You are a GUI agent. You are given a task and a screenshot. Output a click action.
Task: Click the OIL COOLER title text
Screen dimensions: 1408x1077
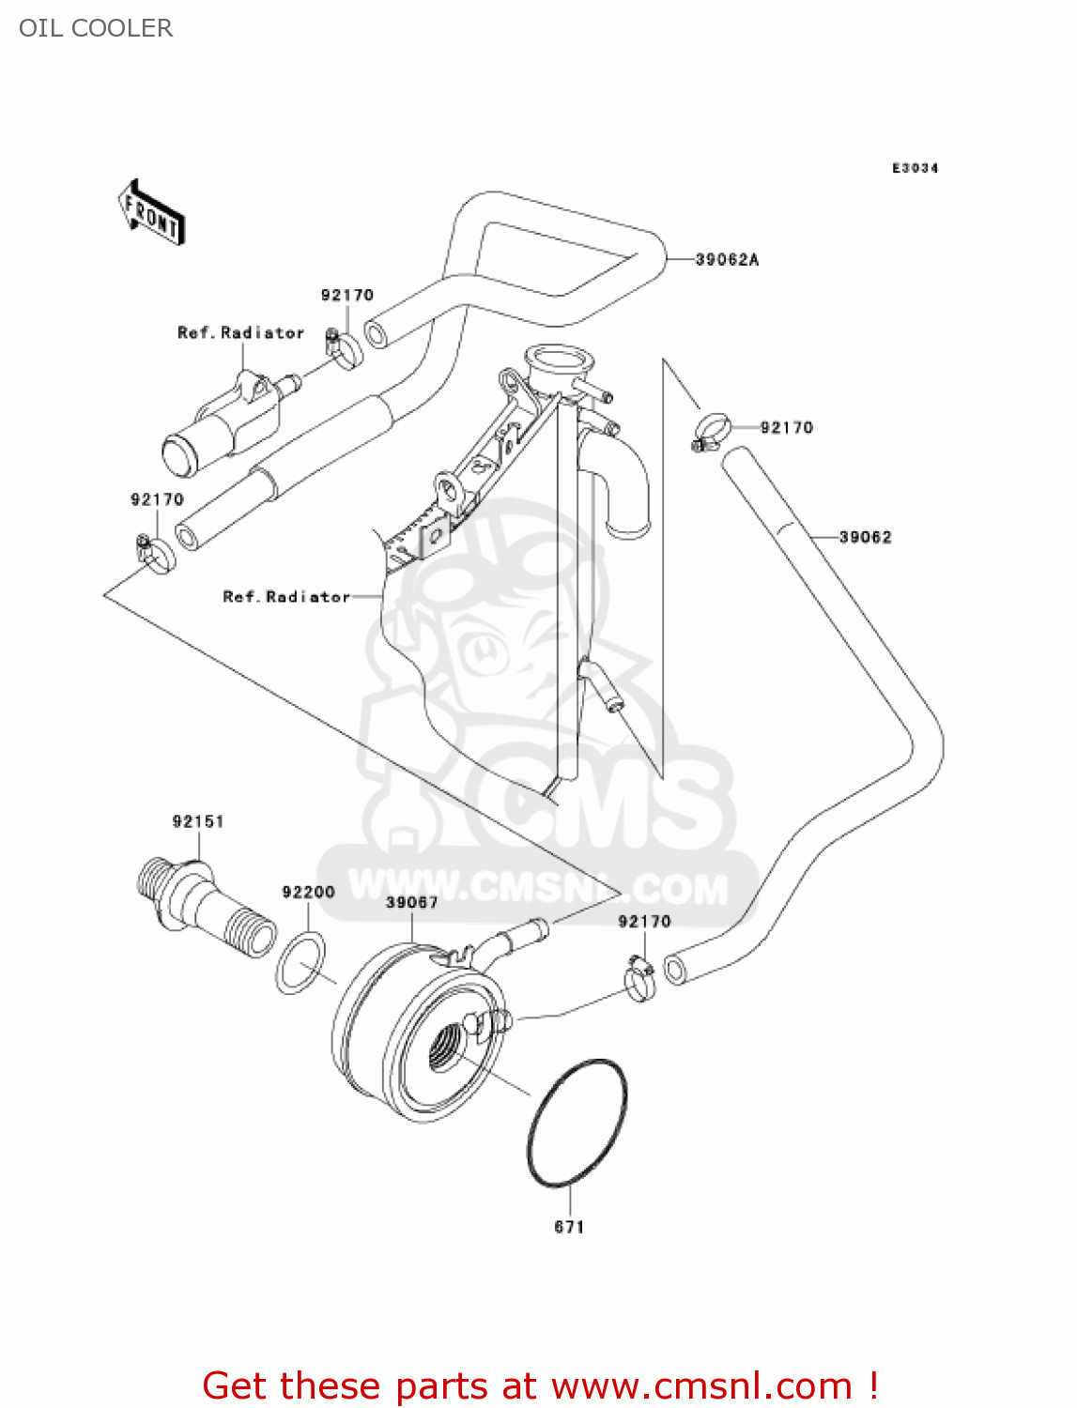[96, 28]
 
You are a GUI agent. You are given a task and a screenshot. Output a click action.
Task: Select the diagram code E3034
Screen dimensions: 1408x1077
[915, 168]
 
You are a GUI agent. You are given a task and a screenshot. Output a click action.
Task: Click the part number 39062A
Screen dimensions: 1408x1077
[727, 260]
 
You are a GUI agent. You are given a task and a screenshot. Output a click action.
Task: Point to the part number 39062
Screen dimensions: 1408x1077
[865, 538]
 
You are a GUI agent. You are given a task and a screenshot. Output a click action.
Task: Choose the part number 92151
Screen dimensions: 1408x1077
[198, 822]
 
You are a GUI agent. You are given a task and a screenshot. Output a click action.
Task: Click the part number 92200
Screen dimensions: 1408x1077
[308, 893]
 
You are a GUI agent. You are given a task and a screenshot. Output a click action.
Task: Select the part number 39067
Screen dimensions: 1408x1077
[411, 903]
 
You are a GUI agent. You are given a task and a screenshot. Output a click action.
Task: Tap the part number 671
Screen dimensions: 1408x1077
[569, 1227]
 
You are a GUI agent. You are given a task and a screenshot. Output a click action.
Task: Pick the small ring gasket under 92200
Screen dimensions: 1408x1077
[300, 962]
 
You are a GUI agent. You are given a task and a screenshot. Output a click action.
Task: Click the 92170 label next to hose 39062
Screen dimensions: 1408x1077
[786, 428]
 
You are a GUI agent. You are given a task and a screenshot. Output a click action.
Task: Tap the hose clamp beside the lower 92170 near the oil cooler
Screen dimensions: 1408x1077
[640, 977]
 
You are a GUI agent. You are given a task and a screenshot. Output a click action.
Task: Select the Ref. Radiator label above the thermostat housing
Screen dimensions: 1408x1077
[240, 333]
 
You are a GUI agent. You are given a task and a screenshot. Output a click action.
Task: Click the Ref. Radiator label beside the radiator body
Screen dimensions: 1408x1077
[285, 597]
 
